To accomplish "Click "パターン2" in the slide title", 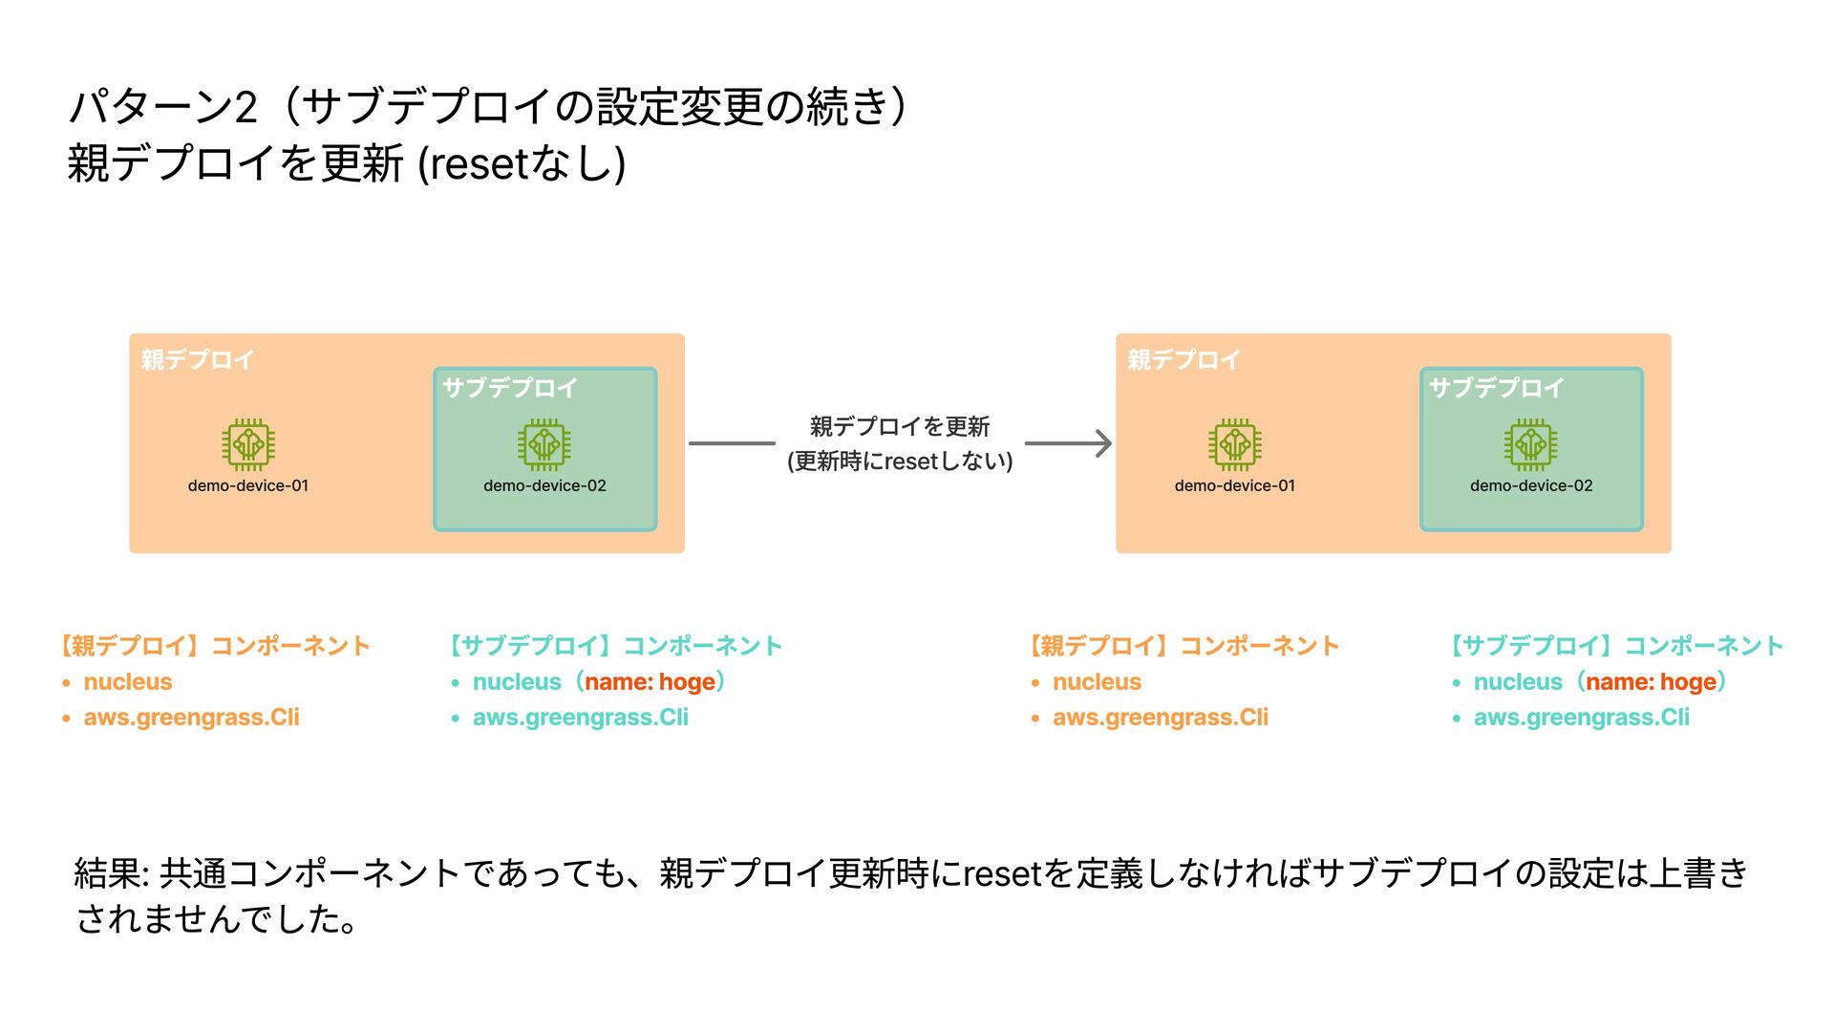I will click(163, 106).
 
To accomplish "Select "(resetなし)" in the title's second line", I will click(522, 163).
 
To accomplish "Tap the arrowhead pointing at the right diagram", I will click(1103, 443).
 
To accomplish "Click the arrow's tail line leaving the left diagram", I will click(732, 443).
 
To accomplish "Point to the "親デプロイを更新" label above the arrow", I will click(900, 426).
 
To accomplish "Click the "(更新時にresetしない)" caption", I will click(900, 462).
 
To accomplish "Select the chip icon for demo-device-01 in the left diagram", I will click(248, 444).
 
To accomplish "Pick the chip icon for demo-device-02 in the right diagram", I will click(1530, 444).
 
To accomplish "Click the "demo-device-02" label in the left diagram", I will click(544, 485).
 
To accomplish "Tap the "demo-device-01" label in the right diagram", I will click(1234, 485).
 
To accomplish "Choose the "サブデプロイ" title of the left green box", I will click(510, 388).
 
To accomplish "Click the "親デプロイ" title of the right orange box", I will click(1184, 360).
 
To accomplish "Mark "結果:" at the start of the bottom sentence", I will click(112, 873).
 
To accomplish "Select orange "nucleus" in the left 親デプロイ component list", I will click(128, 682).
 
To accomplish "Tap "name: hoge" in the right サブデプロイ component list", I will click(1651, 682).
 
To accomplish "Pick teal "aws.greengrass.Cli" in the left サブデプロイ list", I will click(580, 718).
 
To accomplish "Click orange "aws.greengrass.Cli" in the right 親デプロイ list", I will click(1161, 718).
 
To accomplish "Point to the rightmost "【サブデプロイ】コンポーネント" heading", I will click(1617, 646).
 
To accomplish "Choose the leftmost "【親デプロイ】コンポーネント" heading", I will click(215, 646).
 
